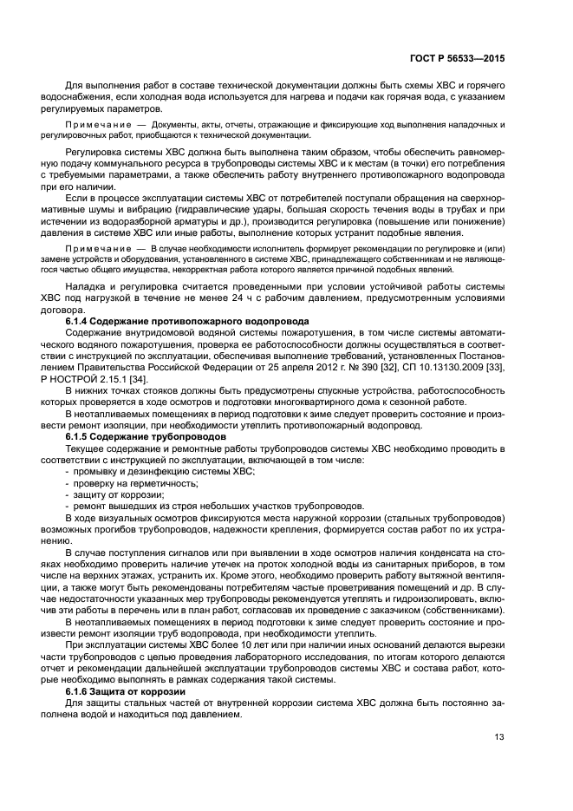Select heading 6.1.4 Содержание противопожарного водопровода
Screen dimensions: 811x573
179,321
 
